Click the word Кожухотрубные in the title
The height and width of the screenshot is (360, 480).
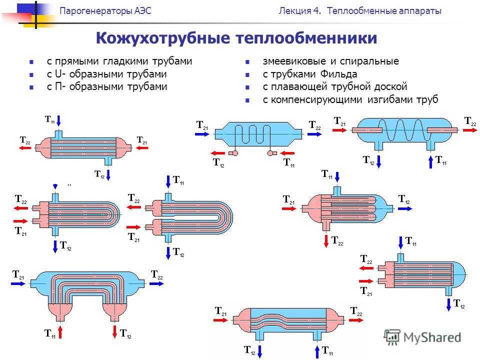coord(162,38)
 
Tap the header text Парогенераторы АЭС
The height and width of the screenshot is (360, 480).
coord(105,11)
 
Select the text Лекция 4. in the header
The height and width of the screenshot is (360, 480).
coord(299,11)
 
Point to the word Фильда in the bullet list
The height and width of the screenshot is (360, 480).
coord(338,74)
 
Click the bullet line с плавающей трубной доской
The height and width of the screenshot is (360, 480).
coord(335,86)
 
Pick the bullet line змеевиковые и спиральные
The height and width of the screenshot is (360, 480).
coord(330,61)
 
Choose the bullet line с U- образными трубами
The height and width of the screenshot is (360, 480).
coord(107,74)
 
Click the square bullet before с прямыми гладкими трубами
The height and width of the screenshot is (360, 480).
coord(31,62)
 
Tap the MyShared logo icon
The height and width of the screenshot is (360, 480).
coord(392,337)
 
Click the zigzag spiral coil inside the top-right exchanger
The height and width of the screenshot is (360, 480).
coord(404,130)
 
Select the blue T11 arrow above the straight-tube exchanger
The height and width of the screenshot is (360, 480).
coord(59,120)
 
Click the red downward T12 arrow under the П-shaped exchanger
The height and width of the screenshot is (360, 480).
coord(115,332)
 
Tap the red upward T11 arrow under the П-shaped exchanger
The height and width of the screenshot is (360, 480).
coord(60,332)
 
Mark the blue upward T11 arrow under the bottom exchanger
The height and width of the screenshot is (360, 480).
coord(317,351)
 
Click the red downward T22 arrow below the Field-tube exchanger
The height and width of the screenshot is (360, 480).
coord(326,241)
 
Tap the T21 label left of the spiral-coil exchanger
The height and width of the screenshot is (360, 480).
coord(339,121)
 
